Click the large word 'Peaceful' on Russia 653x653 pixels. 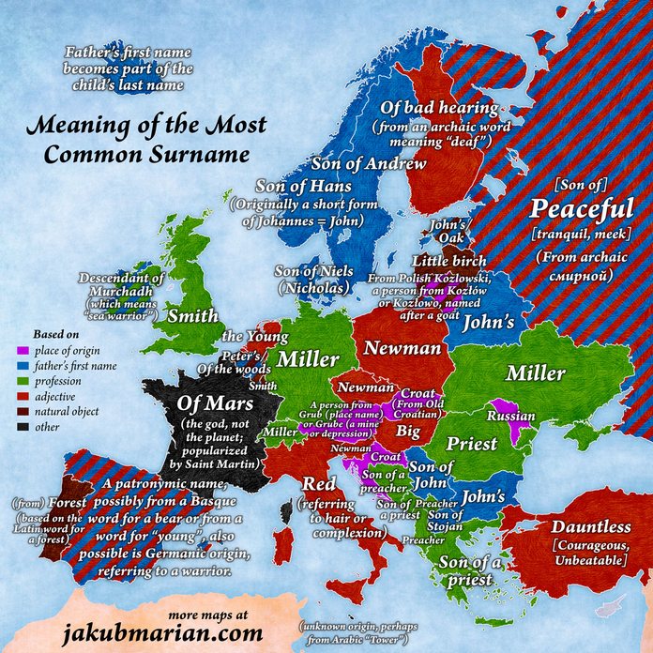click(x=582, y=206)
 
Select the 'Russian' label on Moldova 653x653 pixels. click(x=512, y=415)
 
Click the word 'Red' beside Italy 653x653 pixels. click(x=313, y=483)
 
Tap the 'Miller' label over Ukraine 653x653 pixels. click(x=535, y=373)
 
